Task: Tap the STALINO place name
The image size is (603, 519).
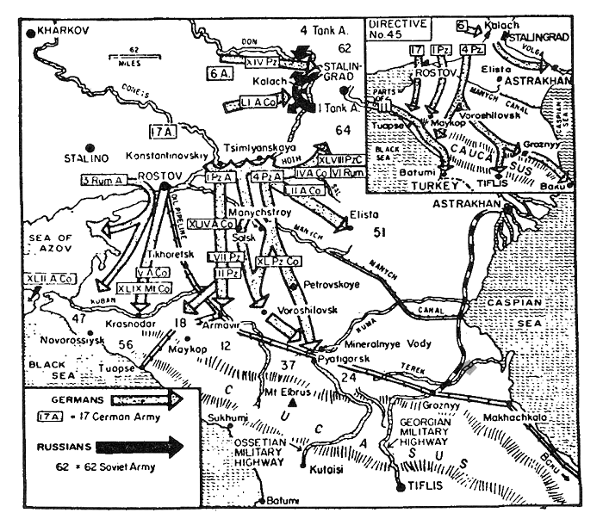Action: pos(87,158)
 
